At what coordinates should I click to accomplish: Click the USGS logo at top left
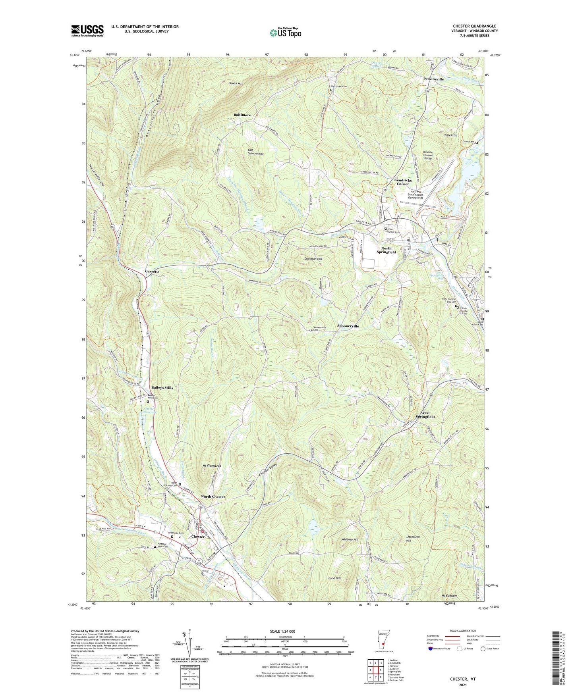click(x=87, y=31)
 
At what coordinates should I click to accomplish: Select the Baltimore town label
click(x=242, y=115)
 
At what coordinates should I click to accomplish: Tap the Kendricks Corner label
click(x=403, y=182)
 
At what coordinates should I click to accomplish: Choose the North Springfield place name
click(x=386, y=250)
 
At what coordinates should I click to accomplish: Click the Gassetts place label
click(x=152, y=271)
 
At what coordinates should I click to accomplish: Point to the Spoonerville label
click(x=348, y=326)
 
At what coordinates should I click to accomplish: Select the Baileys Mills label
click(x=162, y=387)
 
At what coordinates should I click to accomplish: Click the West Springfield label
click(x=425, y=415)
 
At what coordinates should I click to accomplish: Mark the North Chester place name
click(x=213, y=497)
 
